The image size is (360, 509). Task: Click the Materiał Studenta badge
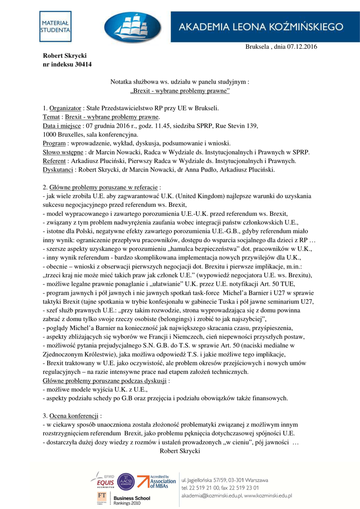56,27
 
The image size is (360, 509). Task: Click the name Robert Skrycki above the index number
65,55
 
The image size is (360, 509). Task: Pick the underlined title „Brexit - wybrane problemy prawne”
180,91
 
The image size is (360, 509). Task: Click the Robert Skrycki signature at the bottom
180,451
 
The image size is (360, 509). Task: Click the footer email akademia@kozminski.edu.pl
236,496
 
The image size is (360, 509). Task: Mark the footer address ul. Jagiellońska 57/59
224,480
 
